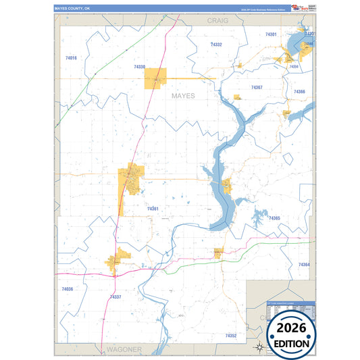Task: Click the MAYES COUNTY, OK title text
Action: click(72, 8)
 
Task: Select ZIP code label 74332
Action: click(216, 44)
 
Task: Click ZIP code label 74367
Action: click(257, 88)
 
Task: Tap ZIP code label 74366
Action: click(299, 92)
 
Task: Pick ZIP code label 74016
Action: click(72, 59)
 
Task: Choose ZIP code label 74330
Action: click(139, 67)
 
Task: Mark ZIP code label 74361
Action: click(153, 209)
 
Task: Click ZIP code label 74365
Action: click(274, 218)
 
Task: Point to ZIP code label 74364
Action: click(303, 264)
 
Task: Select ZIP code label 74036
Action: click(67, 288)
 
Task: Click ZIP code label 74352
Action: click(231, 335)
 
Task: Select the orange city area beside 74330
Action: click(155, 78)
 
